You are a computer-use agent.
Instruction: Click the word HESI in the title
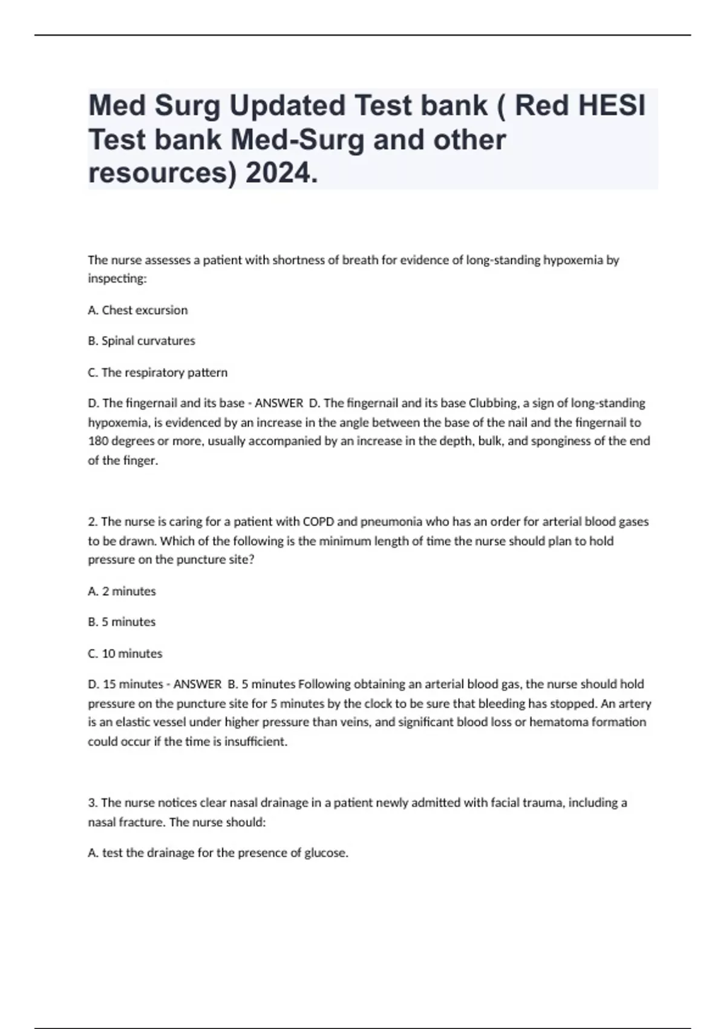pos(612,106)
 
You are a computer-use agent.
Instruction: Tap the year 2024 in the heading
pos(281,174)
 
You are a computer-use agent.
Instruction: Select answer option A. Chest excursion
pos(138,310)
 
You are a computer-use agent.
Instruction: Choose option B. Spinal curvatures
pos(142,341)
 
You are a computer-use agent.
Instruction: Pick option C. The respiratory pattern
pos(158,372)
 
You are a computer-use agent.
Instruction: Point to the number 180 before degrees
pos(97,441)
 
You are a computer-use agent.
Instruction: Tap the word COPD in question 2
pos(318,521)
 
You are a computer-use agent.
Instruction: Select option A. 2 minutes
pos(122,591)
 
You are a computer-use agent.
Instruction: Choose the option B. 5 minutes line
pos(122,622)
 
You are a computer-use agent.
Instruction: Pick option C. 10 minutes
pos(125,654)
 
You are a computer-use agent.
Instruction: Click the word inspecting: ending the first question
pos(117,279)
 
